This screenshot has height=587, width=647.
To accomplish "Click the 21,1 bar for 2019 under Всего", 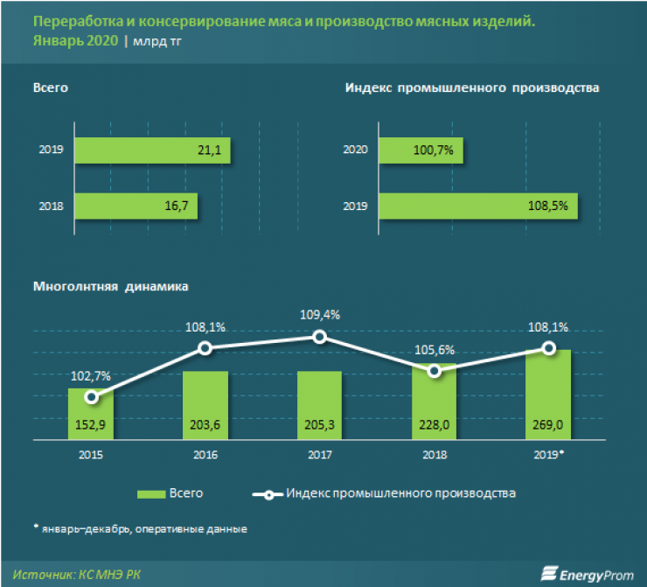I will pos(152,151).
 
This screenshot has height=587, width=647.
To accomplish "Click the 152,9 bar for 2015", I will pos(91,416).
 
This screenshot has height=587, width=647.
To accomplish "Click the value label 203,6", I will pos(205,429).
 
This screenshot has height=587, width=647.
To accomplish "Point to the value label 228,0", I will pos(434,429).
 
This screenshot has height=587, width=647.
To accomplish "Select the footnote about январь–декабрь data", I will pos(140,528).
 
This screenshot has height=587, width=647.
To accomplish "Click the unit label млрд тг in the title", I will pos(160,41).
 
